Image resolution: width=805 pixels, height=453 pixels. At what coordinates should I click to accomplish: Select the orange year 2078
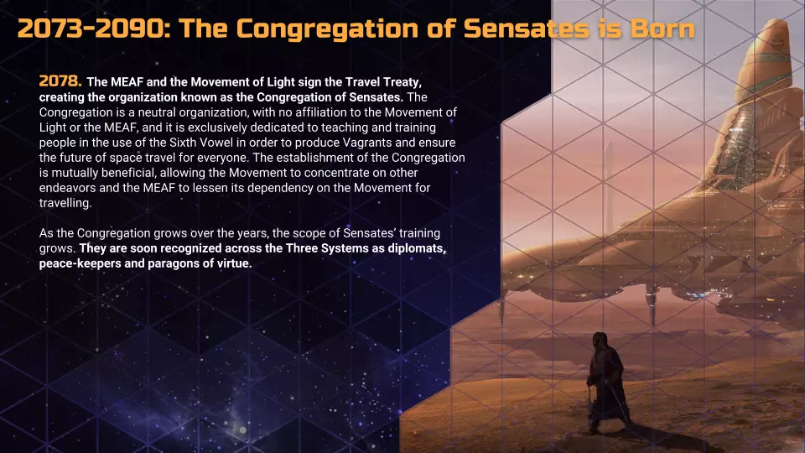pyautogui.click(x=60, y=81)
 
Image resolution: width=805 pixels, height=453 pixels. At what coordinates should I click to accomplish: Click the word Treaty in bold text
pyautogui.click(x=403, y=82)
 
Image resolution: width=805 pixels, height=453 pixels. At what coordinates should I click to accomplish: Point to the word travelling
pyautogui.click(x=65, y=203)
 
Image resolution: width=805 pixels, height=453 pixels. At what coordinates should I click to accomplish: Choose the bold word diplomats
pyautogui.click(x=417, y=248)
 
